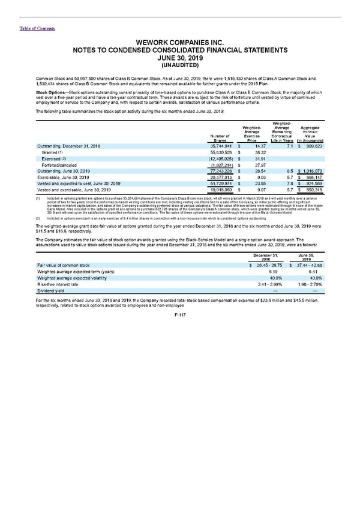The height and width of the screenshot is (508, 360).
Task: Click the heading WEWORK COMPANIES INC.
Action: pyautogui.click(x=179, y=43)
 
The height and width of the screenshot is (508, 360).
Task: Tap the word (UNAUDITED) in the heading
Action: pyautogui.click(x=179, y=66)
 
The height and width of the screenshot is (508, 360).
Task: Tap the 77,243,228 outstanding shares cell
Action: pyautogui.click(x=218, y=174)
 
